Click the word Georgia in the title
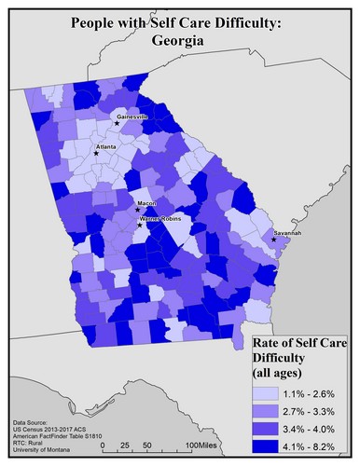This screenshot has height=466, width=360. point(179,40)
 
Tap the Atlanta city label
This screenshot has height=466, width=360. point(106,146)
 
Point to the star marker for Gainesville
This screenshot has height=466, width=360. point(117,123)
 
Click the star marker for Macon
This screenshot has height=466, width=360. point(138,210)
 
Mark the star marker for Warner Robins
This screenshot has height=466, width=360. point(140,225)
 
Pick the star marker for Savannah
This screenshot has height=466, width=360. point(273,240)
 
